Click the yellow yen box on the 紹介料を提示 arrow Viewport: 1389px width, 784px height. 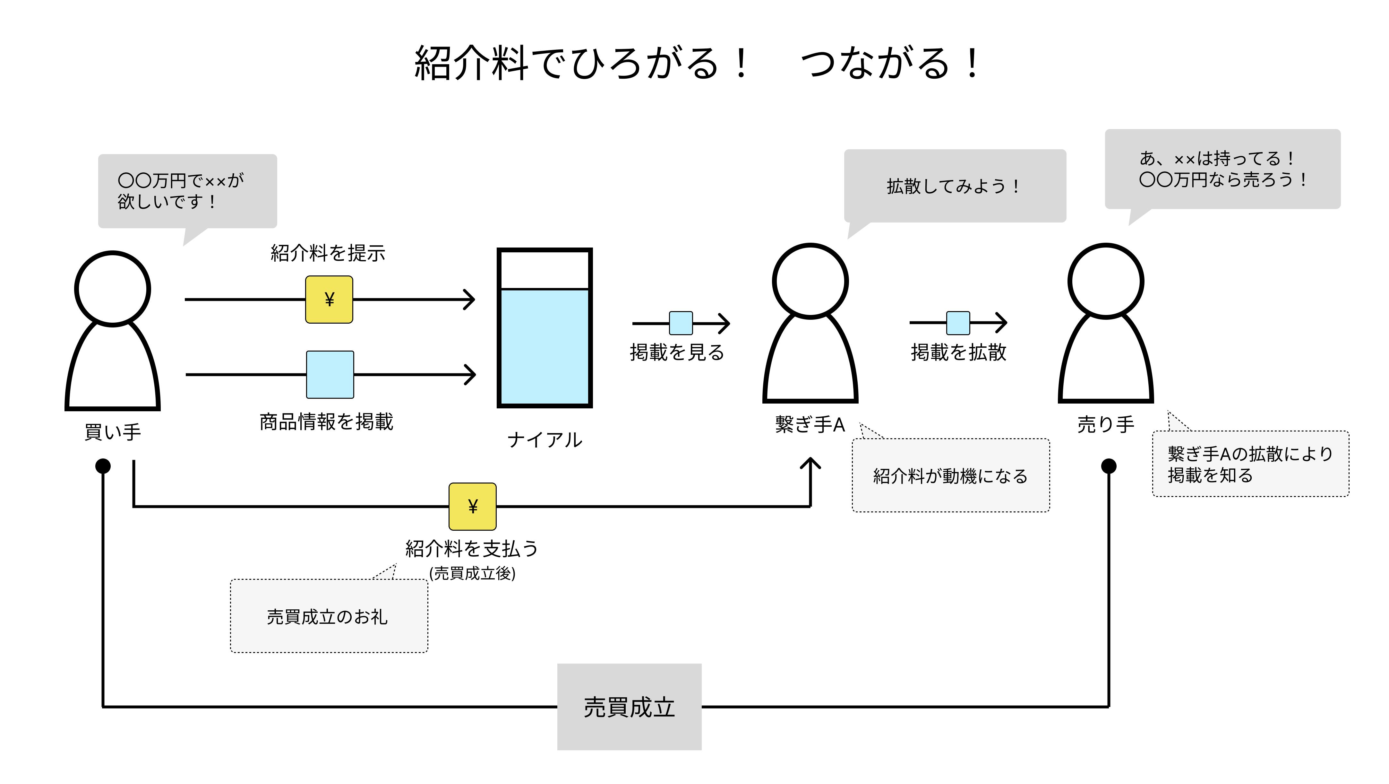pyautogui.click(x=329, y=300)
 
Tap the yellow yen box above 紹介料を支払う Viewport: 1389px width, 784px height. pyautogui.click(x=472, y=506)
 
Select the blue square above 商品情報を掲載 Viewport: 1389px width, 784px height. pyautogui.click(x=330, y=374)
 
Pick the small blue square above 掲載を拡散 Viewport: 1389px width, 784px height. pyautogui.click(x=958, y=323)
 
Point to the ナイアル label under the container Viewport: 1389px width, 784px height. pyautogui.click(x=544, y=440)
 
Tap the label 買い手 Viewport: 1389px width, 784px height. pyautogui.click(x=113, y=432)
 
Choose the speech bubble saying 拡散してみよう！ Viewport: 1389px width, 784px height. pyautogui.click(x=955, y=186)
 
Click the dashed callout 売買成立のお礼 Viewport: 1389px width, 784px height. pyautogui.click(x=329, y=616)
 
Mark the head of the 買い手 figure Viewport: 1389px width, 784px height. pyautogui.click(x=112, y=289)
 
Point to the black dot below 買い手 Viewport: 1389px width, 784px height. pyautogui.click(x=103, y=466)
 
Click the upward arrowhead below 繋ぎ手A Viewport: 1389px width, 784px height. pyautogui.click(x=810, y=463)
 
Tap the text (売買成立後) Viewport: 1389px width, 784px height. pyautogui.click(x=472, y=573)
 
